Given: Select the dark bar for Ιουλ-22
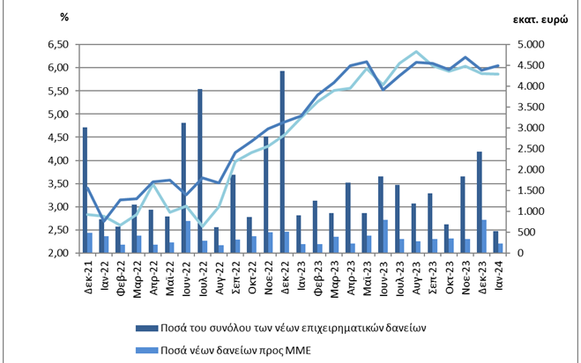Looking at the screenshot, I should tap(199, 171).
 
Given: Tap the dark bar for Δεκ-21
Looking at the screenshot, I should tap(85, 190).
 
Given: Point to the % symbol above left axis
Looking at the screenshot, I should tap(64, 17).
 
